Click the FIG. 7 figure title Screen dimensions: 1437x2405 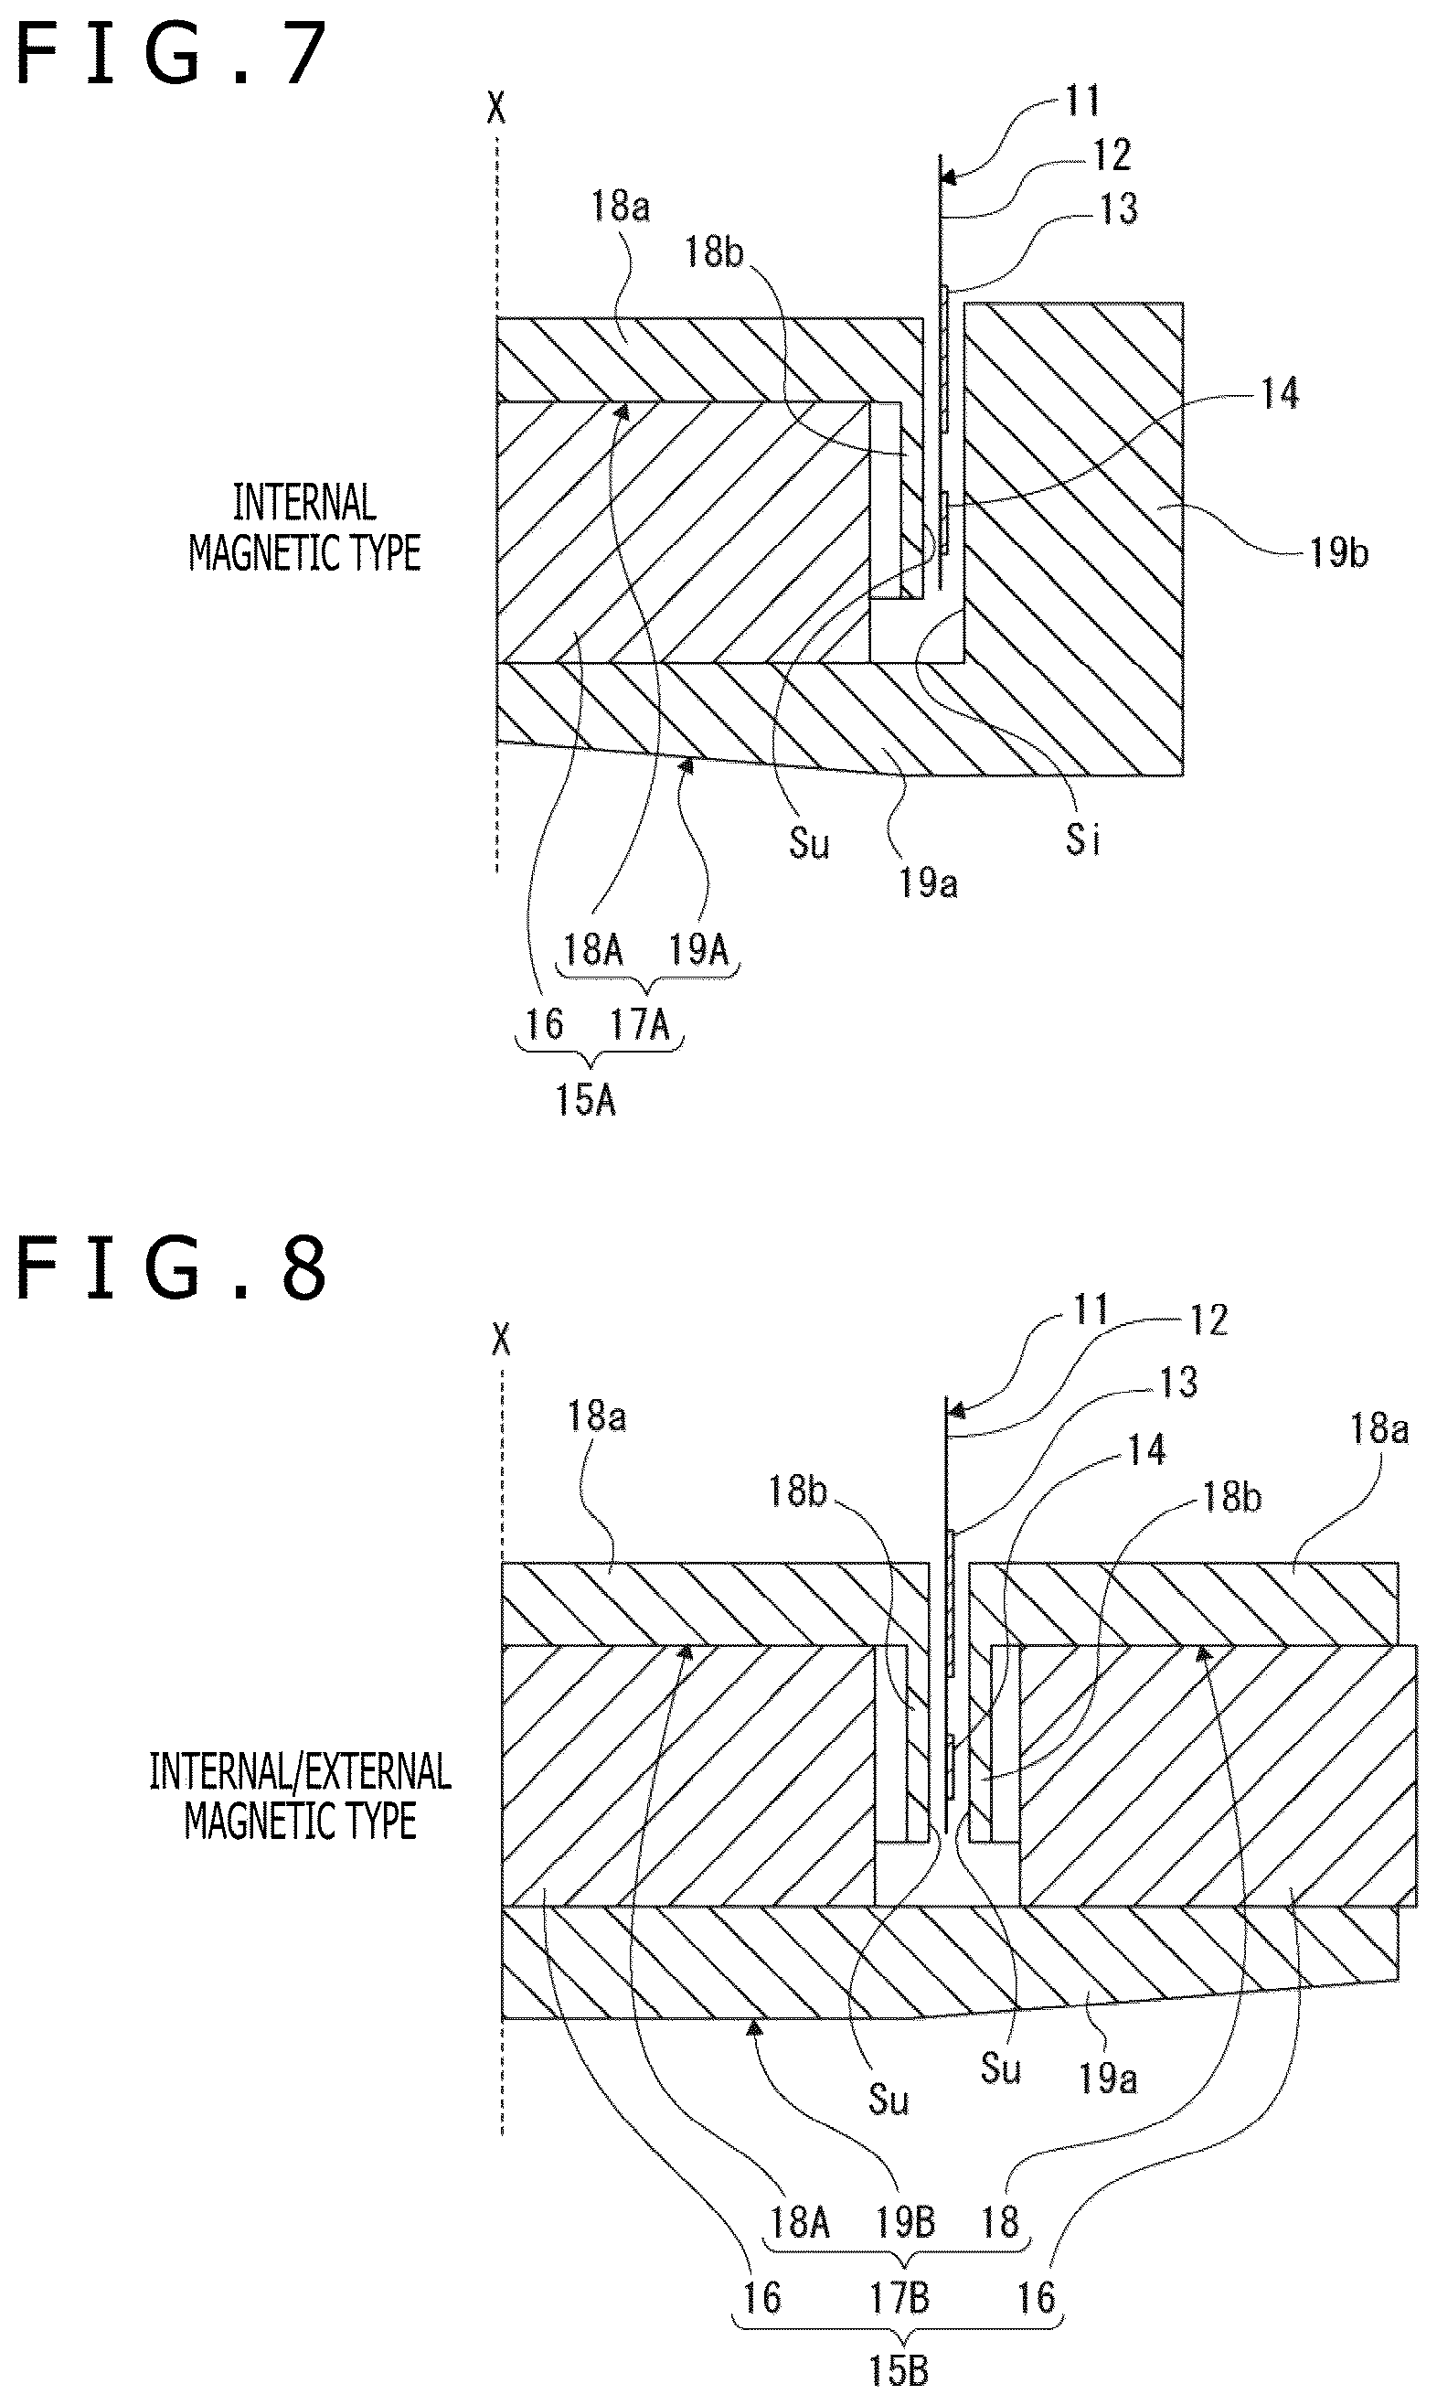coord(173,54)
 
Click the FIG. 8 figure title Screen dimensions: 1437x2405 coord(173,1269)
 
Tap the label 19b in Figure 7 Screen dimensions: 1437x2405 coord(1339,552)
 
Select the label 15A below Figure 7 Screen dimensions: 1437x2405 coord(585,1099)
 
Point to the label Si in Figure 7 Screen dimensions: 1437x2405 coord(1082,839)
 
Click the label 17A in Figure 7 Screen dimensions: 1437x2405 coord(639,1024)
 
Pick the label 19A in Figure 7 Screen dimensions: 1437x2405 coord(698,949)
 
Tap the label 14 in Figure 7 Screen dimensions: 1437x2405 coord(1279,392)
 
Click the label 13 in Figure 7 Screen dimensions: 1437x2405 coord(1118,208)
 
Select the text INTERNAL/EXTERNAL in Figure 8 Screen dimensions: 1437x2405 coord(300,1771)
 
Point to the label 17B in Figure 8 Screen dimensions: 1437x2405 coord(899,2296)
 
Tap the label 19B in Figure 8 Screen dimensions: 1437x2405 coord(905,2221)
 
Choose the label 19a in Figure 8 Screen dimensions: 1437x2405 coord(1108,2078)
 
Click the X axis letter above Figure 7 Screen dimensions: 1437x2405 coord(496,108)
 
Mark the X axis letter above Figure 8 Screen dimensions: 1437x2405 coord(502,1340)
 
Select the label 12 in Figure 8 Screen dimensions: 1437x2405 coord(1208,1320)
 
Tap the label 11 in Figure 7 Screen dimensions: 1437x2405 coord(1082,101)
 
